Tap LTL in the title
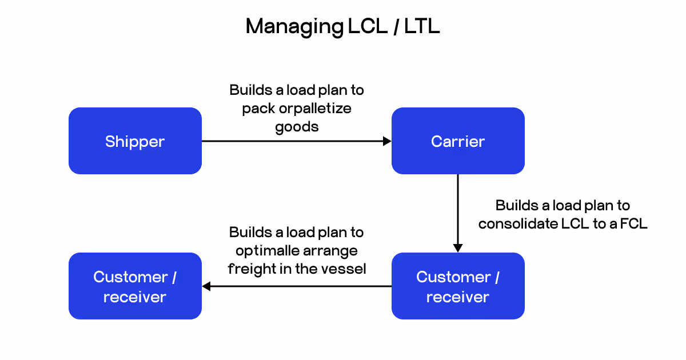click(x=422, y=27)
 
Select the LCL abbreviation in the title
click(x=366, y=27)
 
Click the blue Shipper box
click(x=135, y=141)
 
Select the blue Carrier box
click(x=458, y=141)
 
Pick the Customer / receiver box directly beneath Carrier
click(x=458, y=286)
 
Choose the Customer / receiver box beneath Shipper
click(x=135, y=286)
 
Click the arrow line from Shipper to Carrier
click(x=292, y=141)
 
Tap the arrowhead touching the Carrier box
click(x=387, y=141)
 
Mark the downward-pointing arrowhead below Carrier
click(x=458, y=247)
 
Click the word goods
click(x=297, y=126)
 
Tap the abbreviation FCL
click(x=635, y=223)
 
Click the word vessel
click(x=347, y=268)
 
